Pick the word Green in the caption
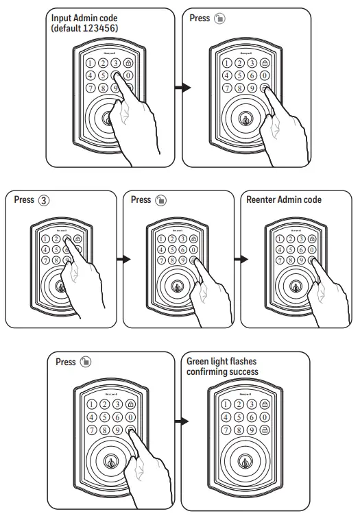[200, 361]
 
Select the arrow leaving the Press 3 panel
[123, 260]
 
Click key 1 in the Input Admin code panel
[89, 63]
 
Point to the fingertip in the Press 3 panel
[69, 249]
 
